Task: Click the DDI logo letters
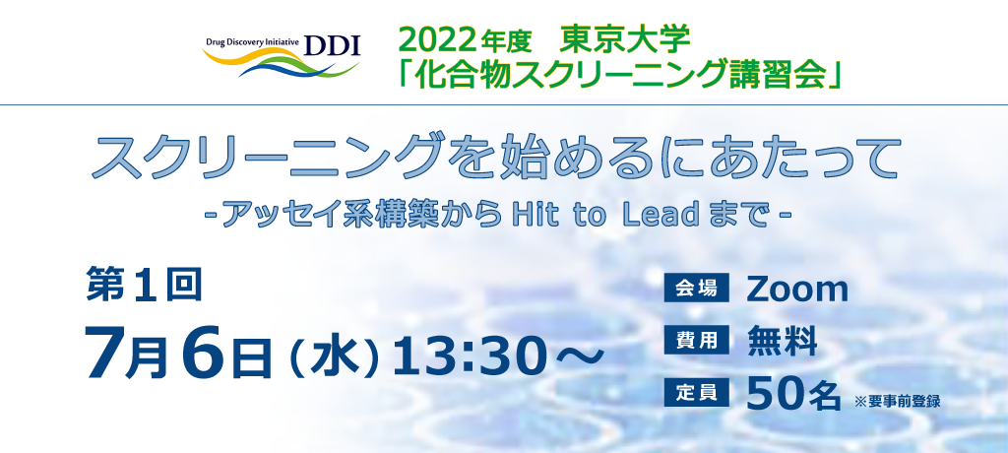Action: click(x=333, y=45)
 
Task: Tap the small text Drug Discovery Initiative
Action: click(x=253, y=41)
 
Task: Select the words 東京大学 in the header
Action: click(x=625, y=40)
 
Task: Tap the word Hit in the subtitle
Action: click(x=533, y=217)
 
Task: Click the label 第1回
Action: click(x=144, y=285)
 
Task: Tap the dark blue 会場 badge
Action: click(x=697, y=289)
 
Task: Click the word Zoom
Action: click(x=797, y=290)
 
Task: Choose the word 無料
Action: click(x=783, y=341)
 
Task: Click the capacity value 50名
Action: click(x=794, y=394)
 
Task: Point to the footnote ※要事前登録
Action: click(x=898, y=401)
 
